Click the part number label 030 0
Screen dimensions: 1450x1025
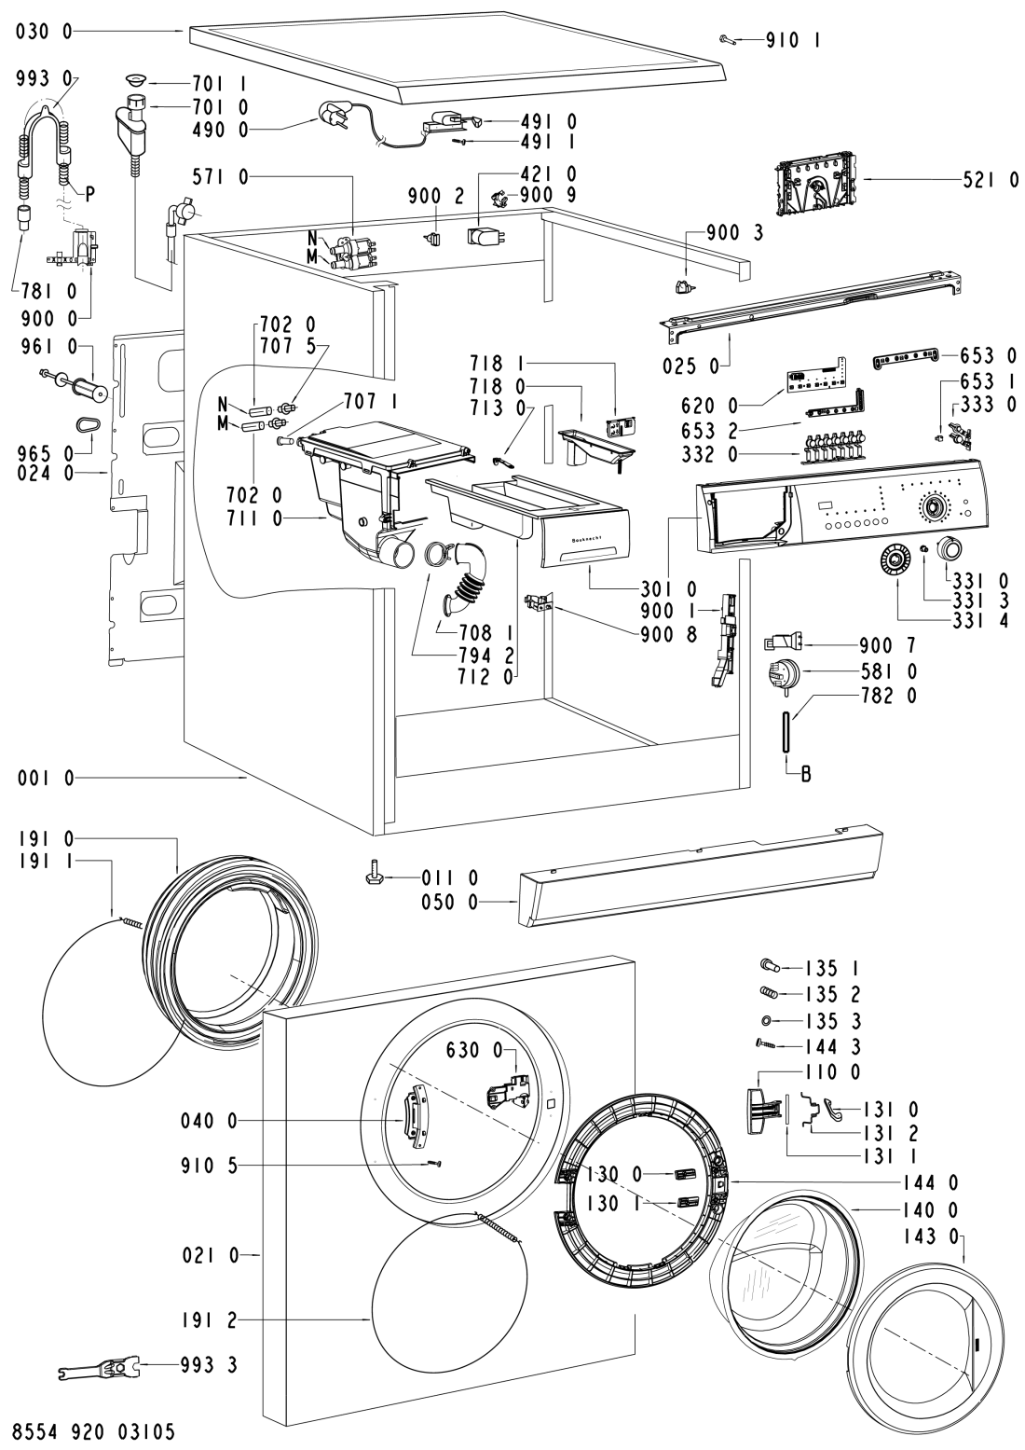pyautogui.click(x=44, y=31)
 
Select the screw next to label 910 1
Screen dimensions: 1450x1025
pyautogui.click(x=728, y=39)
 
